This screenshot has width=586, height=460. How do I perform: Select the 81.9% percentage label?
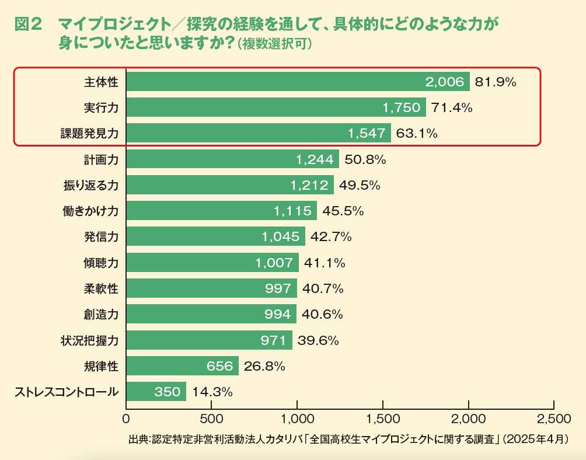click(496, 82)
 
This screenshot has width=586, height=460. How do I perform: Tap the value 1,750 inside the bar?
click(401, 107)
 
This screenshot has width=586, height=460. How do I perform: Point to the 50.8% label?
click(365, 159)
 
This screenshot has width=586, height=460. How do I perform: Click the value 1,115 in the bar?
click(292, 211)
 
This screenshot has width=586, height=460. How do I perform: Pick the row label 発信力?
click(101, 236)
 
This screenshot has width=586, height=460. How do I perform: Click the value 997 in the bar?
click(278, 288)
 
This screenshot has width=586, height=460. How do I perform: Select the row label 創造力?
click(101, 314)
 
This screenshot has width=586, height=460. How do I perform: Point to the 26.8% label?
click(264, 366)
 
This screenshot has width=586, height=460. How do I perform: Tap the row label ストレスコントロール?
click(66, 392)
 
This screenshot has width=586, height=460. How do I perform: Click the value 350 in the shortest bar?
click(168, 392)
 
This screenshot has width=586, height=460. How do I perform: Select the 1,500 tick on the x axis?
click(383, 419)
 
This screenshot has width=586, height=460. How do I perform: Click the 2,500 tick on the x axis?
click(553, 419)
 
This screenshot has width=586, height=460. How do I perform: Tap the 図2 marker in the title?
click(29, 25)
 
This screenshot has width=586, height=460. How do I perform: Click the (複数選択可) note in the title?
click(274, 44)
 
